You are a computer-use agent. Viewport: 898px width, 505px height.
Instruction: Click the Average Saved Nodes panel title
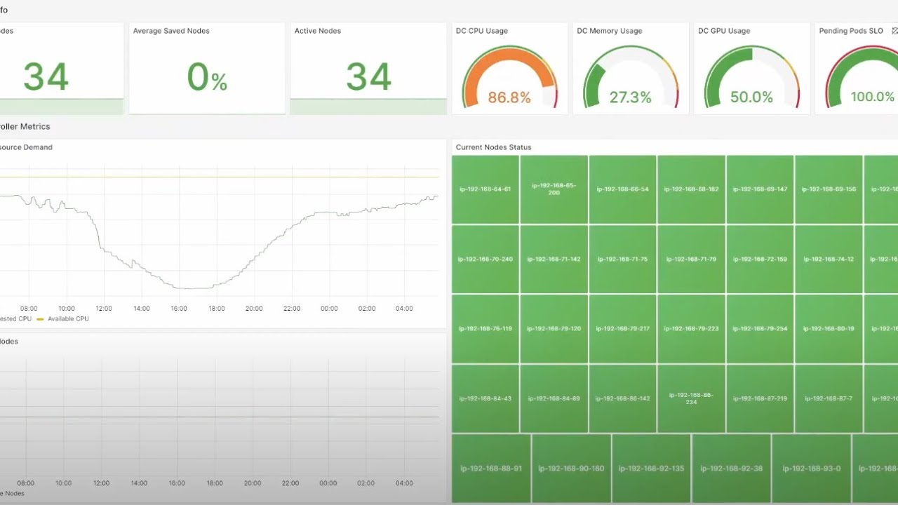coord(171,31)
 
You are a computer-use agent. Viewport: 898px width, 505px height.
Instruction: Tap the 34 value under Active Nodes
coord(368,77)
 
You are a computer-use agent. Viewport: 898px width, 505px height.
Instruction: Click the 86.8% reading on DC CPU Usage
coord(509,97)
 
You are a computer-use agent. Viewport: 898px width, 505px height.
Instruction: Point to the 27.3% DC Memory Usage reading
coord(630,97)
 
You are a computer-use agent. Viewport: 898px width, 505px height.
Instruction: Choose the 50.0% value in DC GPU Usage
coord(751,97)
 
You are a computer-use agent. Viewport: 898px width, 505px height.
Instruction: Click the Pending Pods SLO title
coord(851,31)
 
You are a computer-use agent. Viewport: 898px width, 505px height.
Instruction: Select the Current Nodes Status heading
coord(493,147)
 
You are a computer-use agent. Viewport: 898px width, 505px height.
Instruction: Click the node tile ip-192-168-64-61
coord(485,189)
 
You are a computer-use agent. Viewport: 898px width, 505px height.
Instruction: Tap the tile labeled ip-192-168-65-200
coord(554,189)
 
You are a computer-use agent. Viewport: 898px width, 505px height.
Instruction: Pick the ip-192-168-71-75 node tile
coord(622,260)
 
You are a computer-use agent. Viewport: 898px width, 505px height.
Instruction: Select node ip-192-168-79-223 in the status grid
coord(691,329)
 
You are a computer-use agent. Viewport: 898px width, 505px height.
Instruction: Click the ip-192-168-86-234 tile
coord(691,398)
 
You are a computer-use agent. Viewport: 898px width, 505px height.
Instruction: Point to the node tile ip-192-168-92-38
coord(731,469)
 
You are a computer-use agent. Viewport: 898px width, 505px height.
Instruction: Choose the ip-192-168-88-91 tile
coord(491,469)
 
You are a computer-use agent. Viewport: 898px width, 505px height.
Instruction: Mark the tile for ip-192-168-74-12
coord(829,260)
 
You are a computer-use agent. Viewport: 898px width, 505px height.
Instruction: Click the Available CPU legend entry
coord(67,319)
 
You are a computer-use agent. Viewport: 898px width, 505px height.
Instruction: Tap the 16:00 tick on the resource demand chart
coord(179,309)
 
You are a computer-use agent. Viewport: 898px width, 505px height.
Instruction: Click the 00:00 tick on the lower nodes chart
coord(329,483)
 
